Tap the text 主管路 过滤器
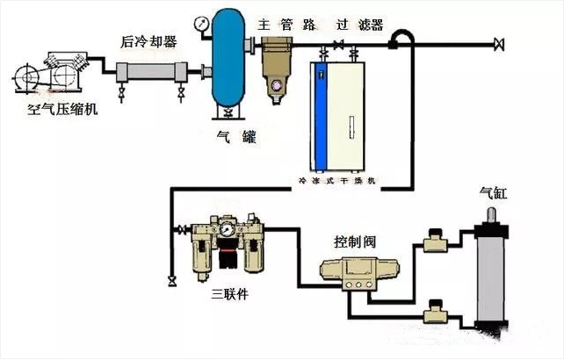pyautogui.click(x=322, y=24)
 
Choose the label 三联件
pyautogui.click(x=229, y=293)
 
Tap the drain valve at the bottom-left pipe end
pyautogui.click(x=170, y=280)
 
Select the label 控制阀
pyautogui.click(x=353, y=240)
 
